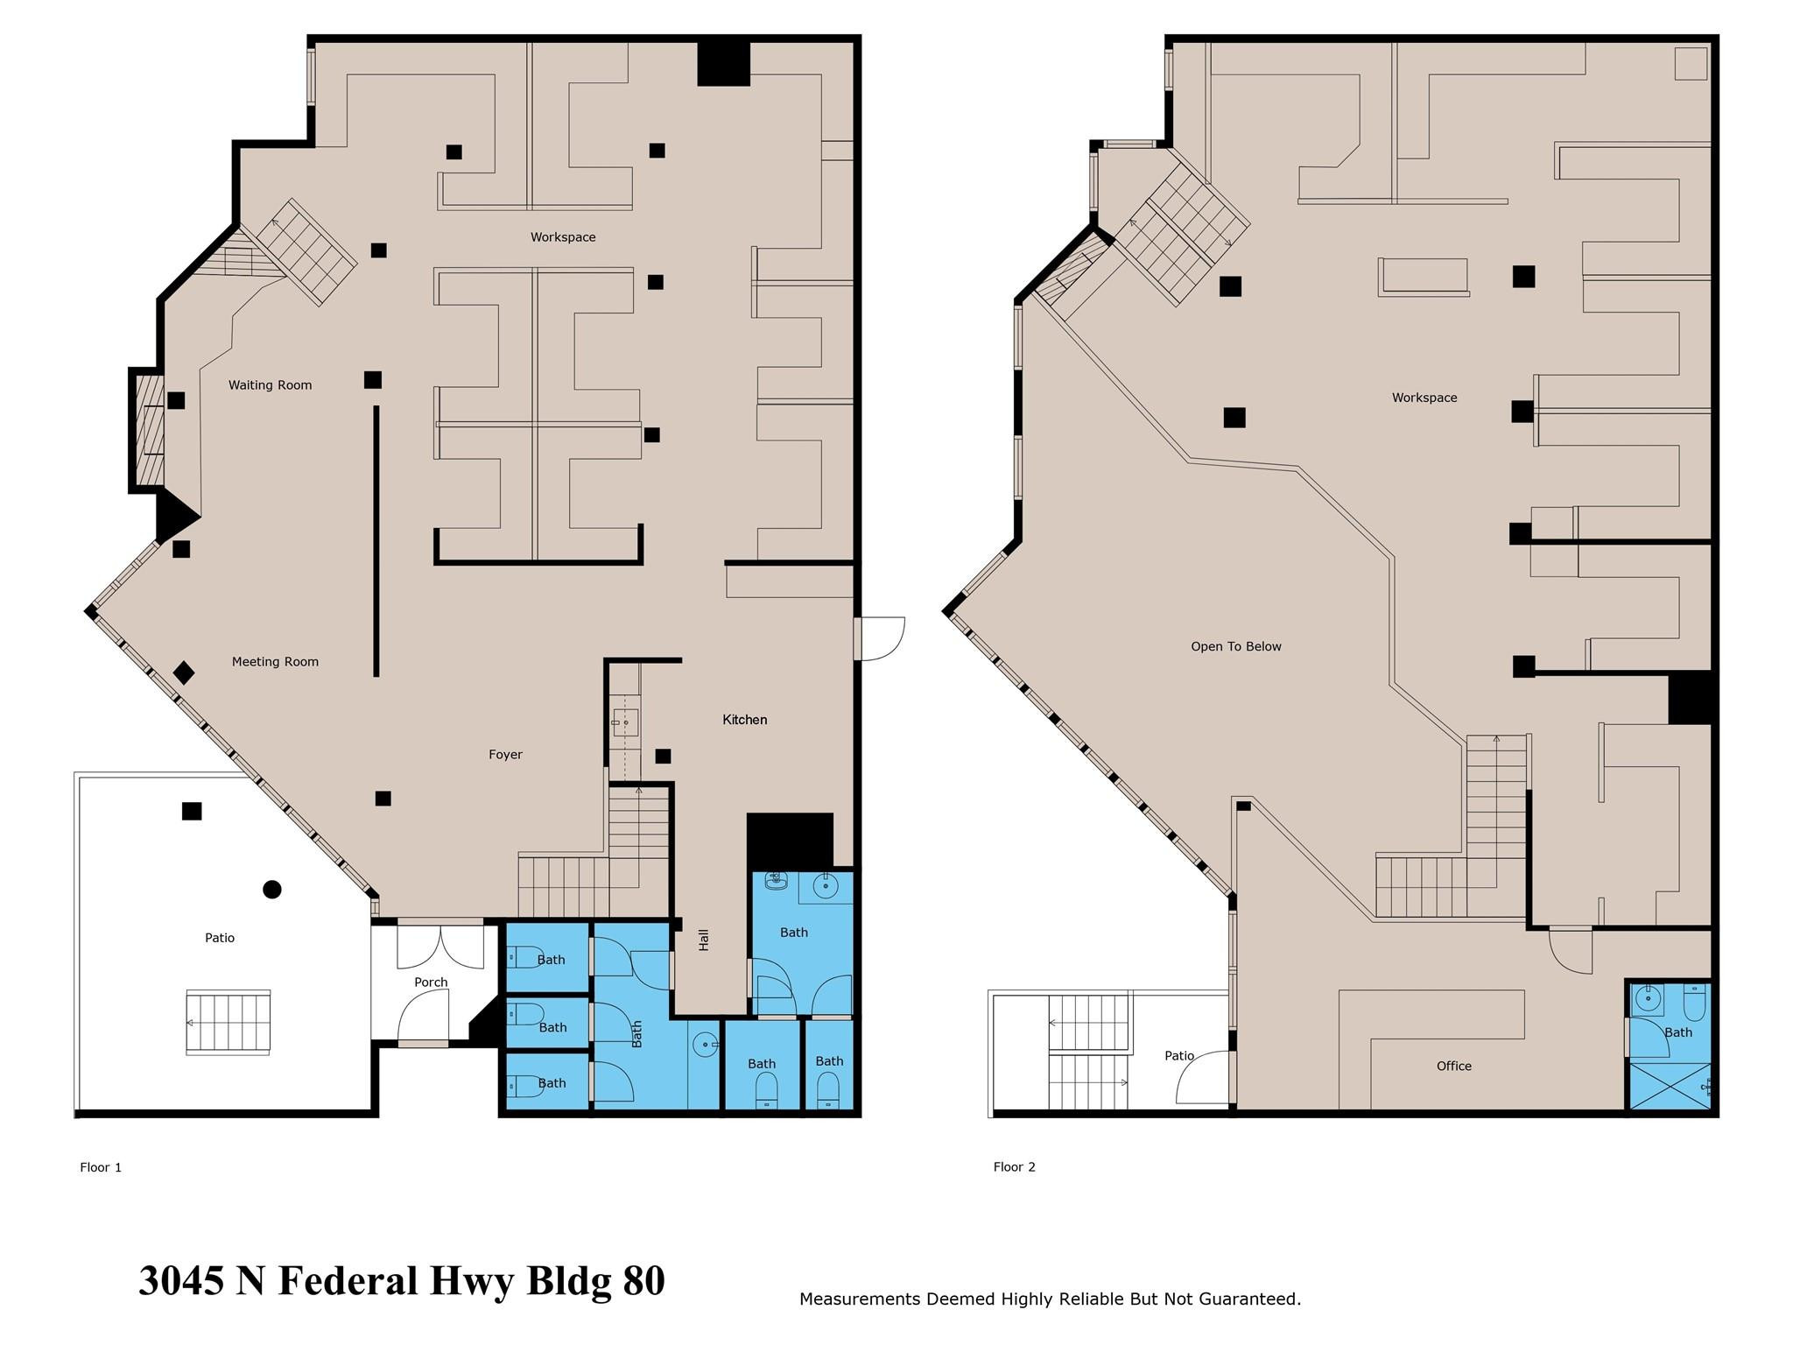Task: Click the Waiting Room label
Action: pos(270,385)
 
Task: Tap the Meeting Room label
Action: pos(275,662)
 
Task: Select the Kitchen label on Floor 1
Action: pos(744,720)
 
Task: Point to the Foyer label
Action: pos(505,755)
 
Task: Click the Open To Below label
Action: pos(1235,647)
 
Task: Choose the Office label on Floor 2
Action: pos(1453,1067)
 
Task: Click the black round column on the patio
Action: pos(272,890)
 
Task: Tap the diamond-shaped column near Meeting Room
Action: pos(184,672)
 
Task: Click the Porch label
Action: pos(431,982)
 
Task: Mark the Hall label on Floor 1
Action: pos(704,940)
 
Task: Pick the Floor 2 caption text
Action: pos(1014,1167)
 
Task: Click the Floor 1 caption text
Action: pos(101,1167)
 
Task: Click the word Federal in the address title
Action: pos(348,1281)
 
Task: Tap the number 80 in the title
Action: pos(643,1281)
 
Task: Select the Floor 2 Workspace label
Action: pos(1424,398)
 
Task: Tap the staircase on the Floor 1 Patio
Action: pos(228,1022)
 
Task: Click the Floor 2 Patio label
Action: pos(1178,1056)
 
